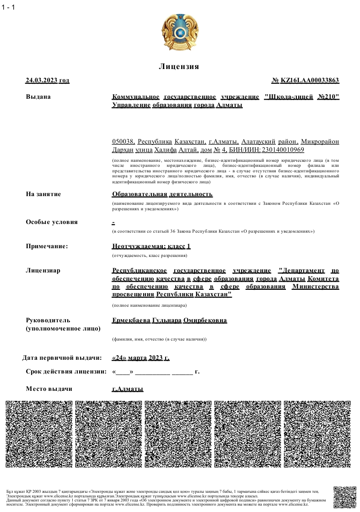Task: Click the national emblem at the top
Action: pyautogui.click(x=179, y=33)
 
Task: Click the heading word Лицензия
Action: pyautogui.click(x=179, y=67)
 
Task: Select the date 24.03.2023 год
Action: pyautogui.click(x=48, y=80)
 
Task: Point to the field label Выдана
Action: pyautogui.click(x=38, y=96)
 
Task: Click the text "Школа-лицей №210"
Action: pyautogui.click(x=302, y=96)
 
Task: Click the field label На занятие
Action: pyautogui.click(x=43, y=194)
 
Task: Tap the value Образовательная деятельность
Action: pyautogui.click(x=162, y=194)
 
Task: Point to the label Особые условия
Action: pyautogui.click(x=52, y=222)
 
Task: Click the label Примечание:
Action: pyautogui.click(x=47, y=246)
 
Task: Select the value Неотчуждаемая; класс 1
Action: pyautogui.click(x=151, y=246)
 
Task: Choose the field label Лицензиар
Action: pyautogui.click(x=43, y=270)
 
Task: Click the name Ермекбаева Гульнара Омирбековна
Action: pyautogui.click(x=169, y=320)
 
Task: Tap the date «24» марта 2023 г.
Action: pyautogui.click(x=140, y=357)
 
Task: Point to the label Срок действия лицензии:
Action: pyautogui.click(x=66, y=371)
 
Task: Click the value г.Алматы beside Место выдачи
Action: pyautogui.click(x=128, y=389)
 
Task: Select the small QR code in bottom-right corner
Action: pyautogui.click(x=344, y=497)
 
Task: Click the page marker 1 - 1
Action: pyautogui.click(x=8, y=7)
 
